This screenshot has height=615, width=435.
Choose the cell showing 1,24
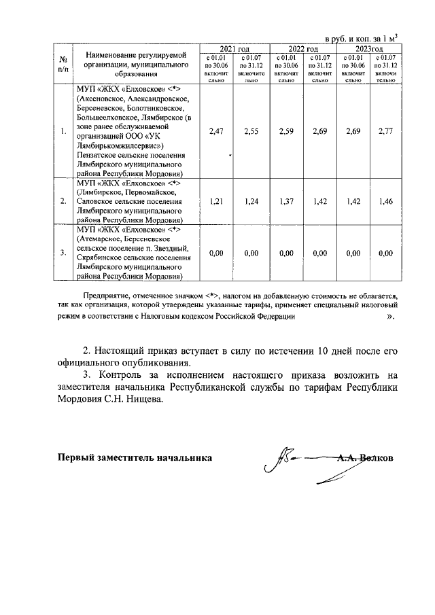[251, 201]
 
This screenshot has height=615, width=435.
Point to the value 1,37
[286, 201]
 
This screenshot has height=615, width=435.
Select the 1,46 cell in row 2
[386, 201]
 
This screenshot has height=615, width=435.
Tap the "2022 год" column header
[303, 50]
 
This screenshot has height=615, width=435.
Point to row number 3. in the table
[63, 253]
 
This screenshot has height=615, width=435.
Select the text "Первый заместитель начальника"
[135, 457]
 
